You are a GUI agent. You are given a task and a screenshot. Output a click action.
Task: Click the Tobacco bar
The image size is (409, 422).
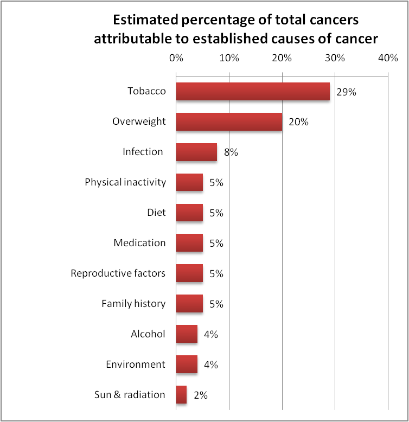click(x=253, y=92)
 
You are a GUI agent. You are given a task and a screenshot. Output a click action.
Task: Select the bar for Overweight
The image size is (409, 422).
click(x=229, y=122)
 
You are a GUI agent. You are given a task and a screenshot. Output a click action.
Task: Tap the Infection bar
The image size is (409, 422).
click(x=196, y=152)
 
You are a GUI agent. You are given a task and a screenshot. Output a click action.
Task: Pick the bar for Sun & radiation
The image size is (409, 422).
click(x=181, y=395)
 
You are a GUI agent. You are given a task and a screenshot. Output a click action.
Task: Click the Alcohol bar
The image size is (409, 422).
click(x=187, y=334)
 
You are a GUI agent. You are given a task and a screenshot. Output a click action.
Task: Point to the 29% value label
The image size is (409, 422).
click(x=346, y=92)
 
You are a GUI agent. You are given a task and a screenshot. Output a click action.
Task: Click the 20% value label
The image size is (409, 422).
click(x=298, y=123)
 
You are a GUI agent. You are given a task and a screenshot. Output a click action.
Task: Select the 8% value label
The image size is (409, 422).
click(x=231, y=152)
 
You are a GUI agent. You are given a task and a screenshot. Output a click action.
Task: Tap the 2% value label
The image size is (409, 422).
click(x=201, y=395)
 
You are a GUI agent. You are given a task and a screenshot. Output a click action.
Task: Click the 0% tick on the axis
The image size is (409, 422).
click(x=176, y=58)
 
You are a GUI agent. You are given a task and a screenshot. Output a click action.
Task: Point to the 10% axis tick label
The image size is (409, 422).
click(x=229, y=58)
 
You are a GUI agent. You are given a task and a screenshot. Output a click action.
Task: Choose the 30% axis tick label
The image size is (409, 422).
click(x=335, y=58)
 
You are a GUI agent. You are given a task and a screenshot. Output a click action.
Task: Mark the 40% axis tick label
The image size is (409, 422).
click(x=388, y=58)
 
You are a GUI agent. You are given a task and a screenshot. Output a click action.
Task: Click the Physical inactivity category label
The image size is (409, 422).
click(x=125, y=182)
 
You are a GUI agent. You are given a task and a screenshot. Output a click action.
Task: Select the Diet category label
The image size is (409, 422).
click(x=156, y=213)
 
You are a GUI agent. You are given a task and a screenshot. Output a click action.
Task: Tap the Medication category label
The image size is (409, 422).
click(x=139, y=243)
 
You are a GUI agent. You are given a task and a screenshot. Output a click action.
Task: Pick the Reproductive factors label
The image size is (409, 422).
click(x=118, y=273)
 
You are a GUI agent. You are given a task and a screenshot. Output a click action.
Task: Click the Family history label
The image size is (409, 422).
click(x=133, y=304)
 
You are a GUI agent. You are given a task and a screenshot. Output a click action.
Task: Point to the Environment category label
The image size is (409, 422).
click(x=136, y=365)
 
